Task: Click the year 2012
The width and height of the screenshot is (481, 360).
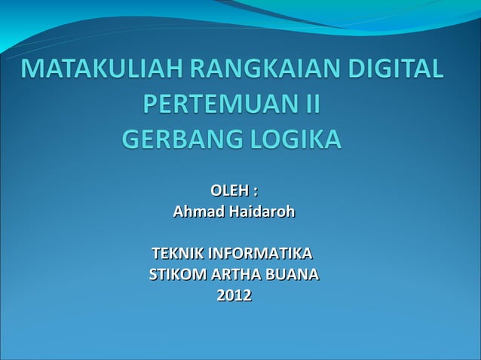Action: pyautogui.click(x=234, y=295)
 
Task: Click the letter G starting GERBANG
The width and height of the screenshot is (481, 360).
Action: pyautogui.click(x=131, y=140)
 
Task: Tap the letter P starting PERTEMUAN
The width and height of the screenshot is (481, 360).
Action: pyautogui.click(x=151, y=105)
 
